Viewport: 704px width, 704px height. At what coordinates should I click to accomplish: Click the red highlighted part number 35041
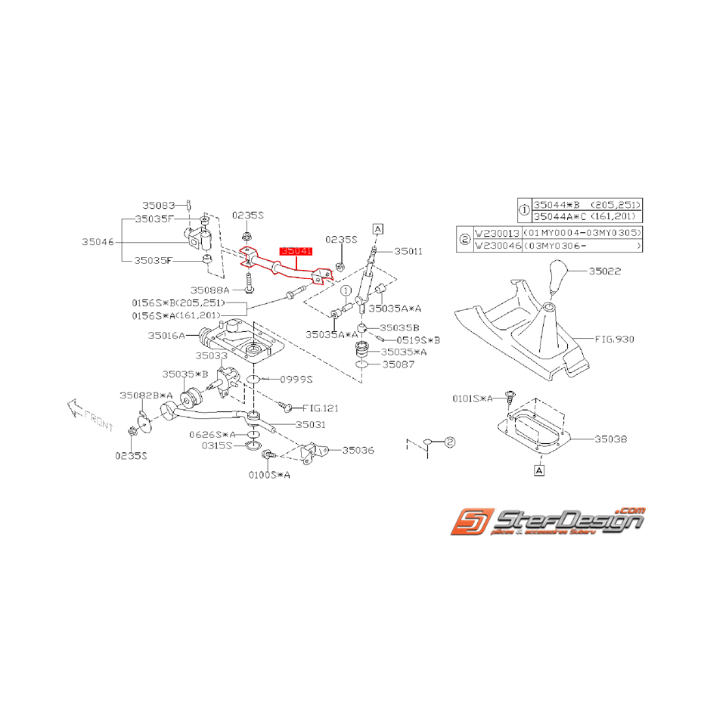point(296,250)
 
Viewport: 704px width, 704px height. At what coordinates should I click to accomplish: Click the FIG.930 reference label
point(614,340)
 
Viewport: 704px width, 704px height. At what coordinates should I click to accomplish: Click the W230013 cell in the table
point(495,233)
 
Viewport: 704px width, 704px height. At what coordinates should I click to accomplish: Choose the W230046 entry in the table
point(495,246)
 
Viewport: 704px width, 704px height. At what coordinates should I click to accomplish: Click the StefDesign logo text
point(567,520)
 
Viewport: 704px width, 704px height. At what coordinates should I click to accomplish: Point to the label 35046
point(98,242)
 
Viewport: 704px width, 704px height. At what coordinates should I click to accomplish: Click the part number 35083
point(160,205)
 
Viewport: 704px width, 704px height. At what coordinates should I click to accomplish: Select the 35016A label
point(166,335)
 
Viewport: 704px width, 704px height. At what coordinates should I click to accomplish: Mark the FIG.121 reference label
point(321,408)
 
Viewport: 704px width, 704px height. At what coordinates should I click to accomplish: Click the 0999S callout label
point(296,378)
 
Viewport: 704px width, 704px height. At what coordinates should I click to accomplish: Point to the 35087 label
point(399,364)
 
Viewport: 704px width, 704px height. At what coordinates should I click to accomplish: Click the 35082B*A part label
point(146,395)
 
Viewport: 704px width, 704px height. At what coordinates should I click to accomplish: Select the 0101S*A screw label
point(473,398)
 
